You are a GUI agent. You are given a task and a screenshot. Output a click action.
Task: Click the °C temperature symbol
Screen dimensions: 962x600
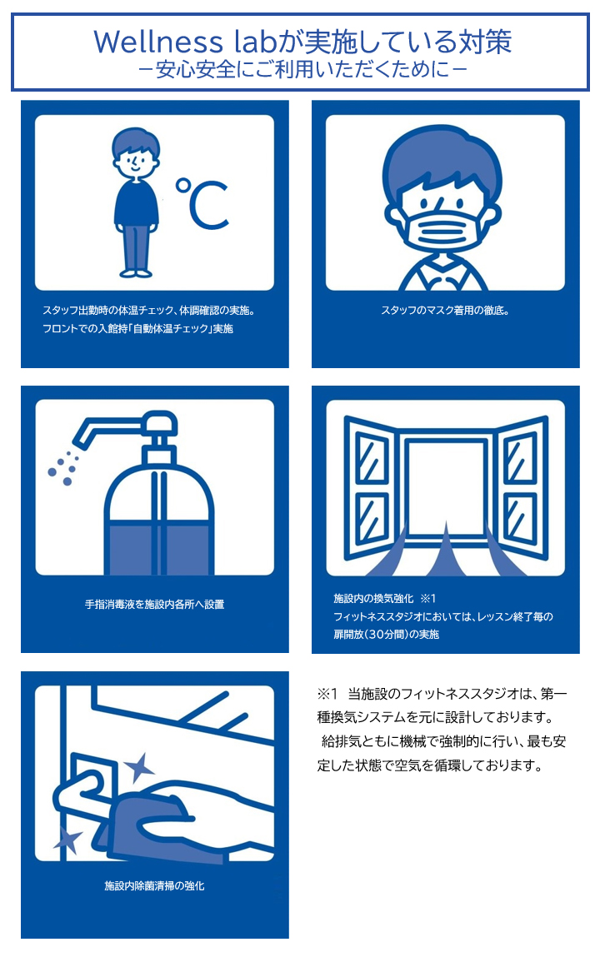(x=202, y=203)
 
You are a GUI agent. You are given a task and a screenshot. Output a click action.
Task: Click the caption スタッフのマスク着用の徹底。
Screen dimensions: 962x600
(x=445, y=311)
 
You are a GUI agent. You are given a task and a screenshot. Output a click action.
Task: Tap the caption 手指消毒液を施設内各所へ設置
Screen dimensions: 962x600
(x=154, y=604)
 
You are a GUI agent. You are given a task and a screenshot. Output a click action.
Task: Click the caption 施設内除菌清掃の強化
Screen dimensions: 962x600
(x=154, y=886)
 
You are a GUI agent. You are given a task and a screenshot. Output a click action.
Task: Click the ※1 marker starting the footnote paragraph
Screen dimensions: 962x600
(x=326, y=694)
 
